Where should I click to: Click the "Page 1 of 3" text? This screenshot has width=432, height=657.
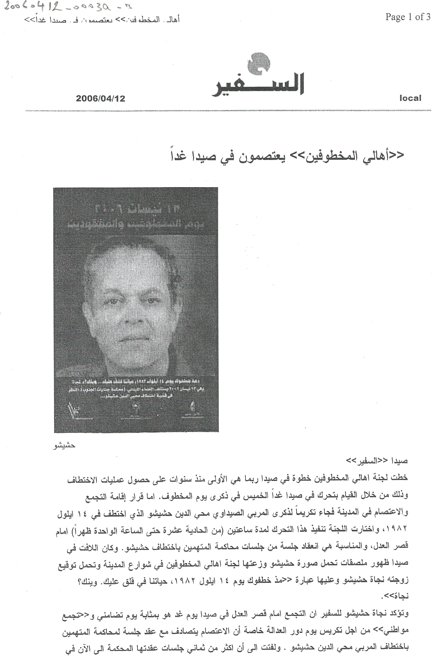coord(407,17)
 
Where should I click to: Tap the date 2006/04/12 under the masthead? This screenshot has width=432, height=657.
coord(100,99)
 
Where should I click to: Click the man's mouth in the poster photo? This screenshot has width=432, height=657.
coord(133,338)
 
